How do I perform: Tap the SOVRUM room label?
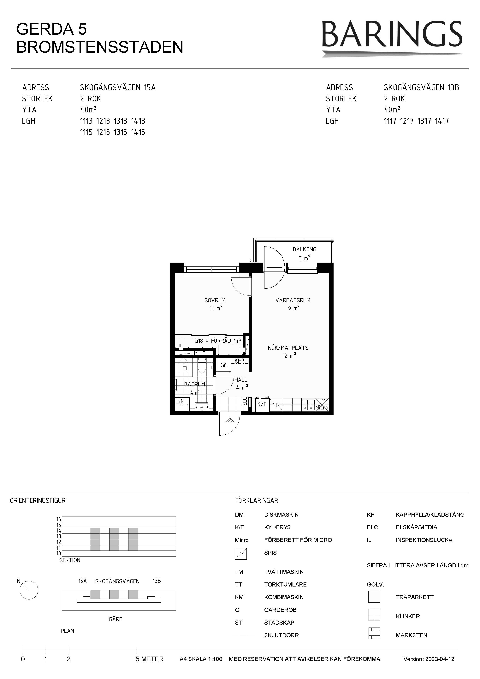tap(215, 300)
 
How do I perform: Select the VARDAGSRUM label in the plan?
tap(293, 300)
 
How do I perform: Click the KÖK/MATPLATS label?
tap(288, 348)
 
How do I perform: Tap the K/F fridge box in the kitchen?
tap(262, 404)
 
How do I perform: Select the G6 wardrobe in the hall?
tap(224, 365)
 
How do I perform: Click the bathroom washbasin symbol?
tap(202, 406)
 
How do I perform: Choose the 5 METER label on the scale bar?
tap(150, 659)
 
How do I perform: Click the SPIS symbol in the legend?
tap(241, 554)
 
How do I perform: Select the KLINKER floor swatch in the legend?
tap(374, 615)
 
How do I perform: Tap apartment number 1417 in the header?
tap(442, 121)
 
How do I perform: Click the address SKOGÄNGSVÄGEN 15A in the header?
tap(118, 87)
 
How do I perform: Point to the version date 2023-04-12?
tap(440, 659)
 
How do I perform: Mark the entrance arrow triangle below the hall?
tap(229, 420)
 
